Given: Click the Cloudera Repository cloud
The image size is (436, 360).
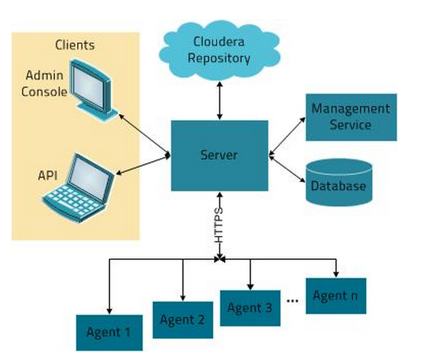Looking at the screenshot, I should click(x=219, y=49).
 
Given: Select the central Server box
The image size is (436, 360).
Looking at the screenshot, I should click(x=219, y=155).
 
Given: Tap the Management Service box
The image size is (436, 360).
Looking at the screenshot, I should click(x=351, y=117).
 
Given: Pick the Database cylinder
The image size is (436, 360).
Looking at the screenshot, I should click(x=339, y=183).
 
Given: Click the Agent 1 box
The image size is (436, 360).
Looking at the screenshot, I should click(x=109, y=333).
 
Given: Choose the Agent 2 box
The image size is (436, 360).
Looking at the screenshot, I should click(x=182, y=318).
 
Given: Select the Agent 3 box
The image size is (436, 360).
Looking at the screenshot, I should click(x=250, y=308).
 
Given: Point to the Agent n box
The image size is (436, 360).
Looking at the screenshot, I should click(x=335, y=296).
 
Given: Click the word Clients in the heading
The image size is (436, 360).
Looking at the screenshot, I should click(x=74, y=46).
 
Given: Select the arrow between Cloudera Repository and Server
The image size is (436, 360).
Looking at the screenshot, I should click(x=219, y=102).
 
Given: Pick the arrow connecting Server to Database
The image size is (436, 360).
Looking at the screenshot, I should click(x=287, y=168).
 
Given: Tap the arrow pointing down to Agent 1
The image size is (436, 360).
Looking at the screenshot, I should click(x=109, y=286).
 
